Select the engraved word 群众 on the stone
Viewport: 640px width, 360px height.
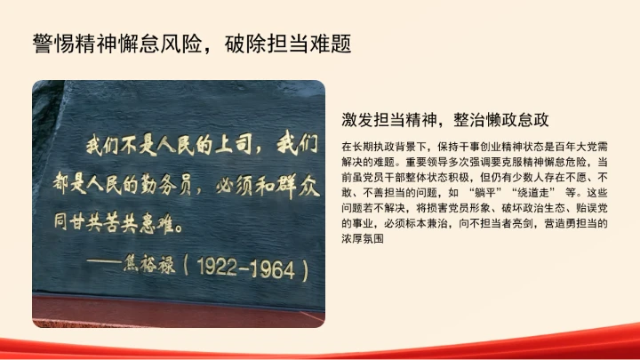pos(292,186)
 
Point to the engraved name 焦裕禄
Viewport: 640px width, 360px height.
pos(161,264)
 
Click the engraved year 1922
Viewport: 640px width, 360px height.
pos(222,265)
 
